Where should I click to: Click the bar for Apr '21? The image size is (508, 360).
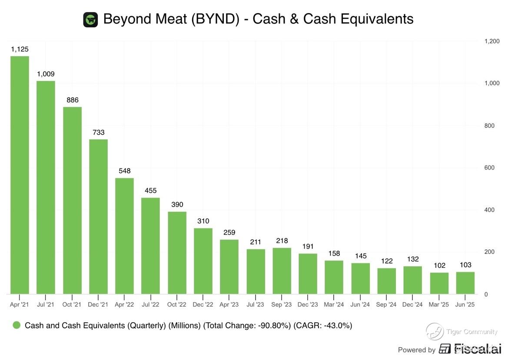tap(20, 175)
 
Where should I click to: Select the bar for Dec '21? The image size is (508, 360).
tap(98, 217)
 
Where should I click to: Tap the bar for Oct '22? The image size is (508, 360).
tap(177, 253)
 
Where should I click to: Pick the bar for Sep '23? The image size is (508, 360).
tap(282, 271)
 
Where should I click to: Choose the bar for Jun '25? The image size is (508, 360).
tap(465, 283)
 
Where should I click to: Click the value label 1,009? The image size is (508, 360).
tap(46, 74)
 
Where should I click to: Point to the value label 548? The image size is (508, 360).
tap(124, 171)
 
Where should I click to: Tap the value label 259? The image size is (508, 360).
tap(229, 233)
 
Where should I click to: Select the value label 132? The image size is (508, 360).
tap(412, 259)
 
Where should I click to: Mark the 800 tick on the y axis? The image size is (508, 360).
tap(489, 126)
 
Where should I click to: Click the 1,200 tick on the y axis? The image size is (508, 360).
tap(491, 41)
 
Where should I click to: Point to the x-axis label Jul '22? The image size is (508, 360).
tap(150, 305)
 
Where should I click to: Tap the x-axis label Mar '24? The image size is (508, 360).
tap(334, 305)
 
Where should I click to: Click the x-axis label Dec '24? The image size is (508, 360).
tap(412, 305)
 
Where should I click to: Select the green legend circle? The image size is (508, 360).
tap(17, 325)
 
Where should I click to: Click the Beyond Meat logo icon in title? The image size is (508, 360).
tap(90, 20)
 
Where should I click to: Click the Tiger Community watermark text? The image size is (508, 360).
tap(471, 332)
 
